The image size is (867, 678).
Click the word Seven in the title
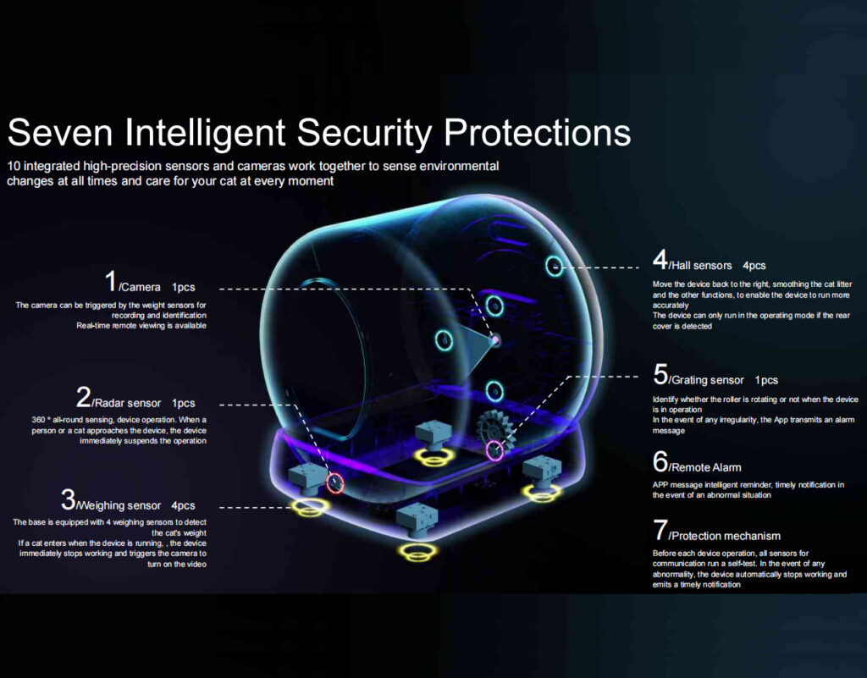60,132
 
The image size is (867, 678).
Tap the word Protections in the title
537,132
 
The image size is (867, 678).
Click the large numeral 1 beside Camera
111,280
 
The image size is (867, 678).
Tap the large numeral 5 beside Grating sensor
660,374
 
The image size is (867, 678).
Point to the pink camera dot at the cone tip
495,339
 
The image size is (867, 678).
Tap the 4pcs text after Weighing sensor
183,505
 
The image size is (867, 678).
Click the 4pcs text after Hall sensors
754,266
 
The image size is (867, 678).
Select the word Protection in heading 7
699,536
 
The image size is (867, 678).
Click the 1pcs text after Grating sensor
766,380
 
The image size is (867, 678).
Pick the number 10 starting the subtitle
14,166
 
